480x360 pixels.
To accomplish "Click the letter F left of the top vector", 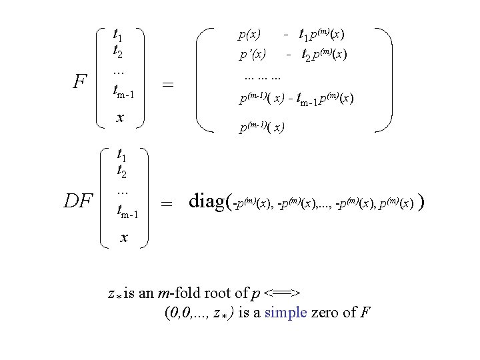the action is [x=80, y=83].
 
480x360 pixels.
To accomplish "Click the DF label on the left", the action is [x=78, y=199].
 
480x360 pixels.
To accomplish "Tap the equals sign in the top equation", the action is [x=169, y=85].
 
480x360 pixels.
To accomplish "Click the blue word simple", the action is [x=285, y=313].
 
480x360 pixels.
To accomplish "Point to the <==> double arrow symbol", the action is [x=283, y=293].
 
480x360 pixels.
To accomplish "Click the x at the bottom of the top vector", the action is [x=119, y=118].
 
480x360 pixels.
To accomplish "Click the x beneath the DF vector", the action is [x=121, y=237].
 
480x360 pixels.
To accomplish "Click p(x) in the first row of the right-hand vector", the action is [x=250, y=33].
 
